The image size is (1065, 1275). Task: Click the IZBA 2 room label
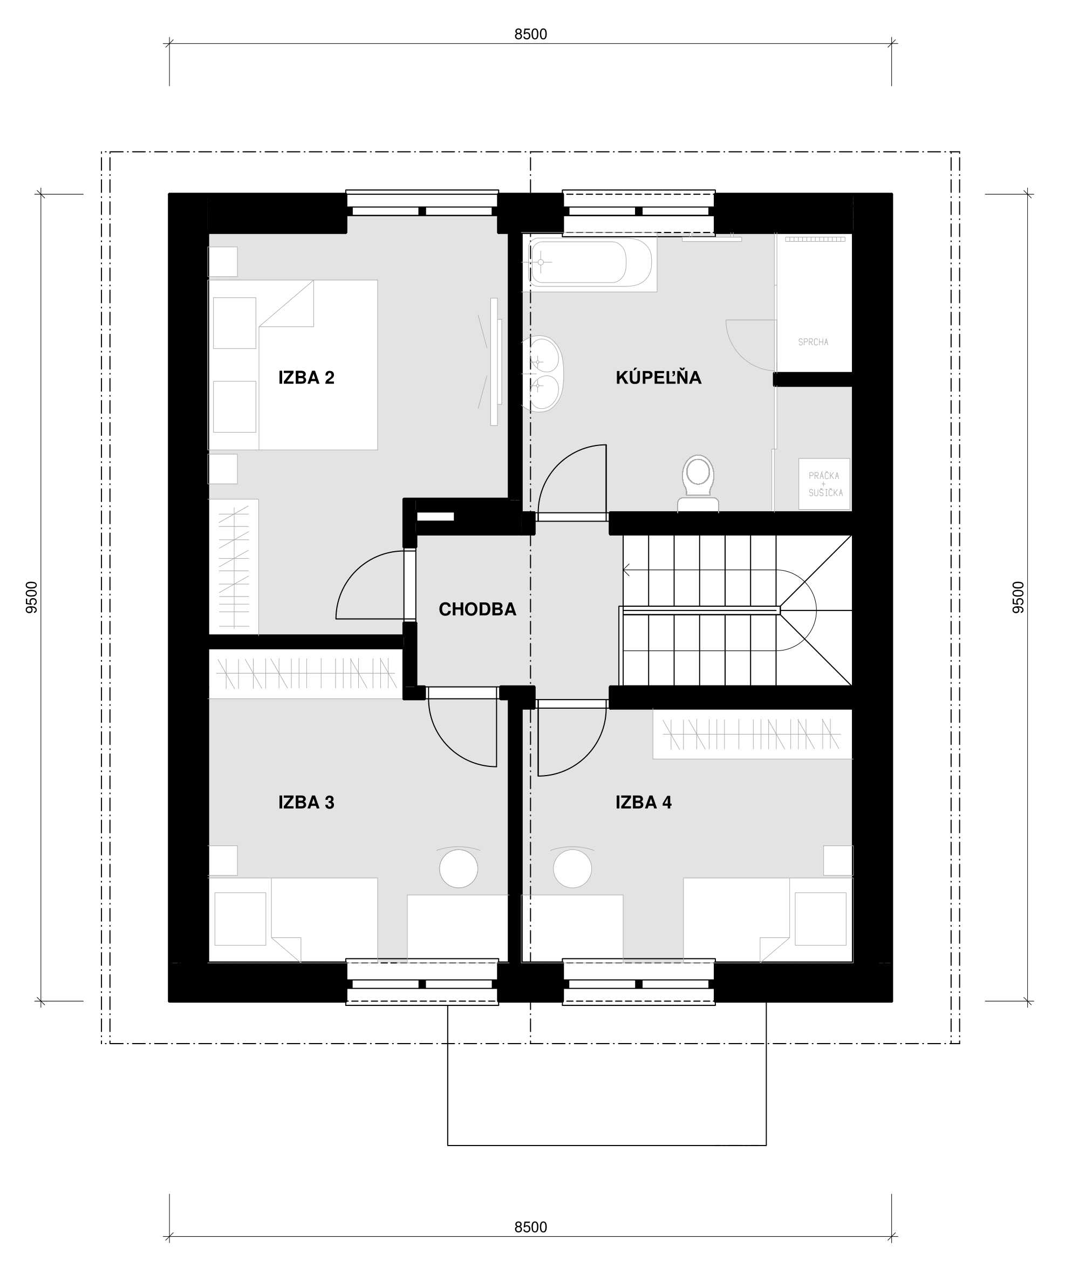point(306,378)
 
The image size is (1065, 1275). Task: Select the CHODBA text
point(477,609)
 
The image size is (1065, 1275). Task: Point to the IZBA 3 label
point(306,802)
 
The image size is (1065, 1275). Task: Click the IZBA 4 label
point(644,802)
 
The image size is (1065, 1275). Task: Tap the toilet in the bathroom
point(698,483)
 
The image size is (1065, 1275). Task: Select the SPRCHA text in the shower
point(813,342)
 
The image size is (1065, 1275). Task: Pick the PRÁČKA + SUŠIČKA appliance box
point(824,484)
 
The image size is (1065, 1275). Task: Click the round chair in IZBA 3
point(459,868)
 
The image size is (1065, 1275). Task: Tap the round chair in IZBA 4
point(572,868)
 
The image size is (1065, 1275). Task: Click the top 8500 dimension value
point(531,35)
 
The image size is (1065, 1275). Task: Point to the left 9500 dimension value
point(32,597)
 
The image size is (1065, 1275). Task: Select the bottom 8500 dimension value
point(531,1227)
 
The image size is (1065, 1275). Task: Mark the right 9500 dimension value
point(1018,597)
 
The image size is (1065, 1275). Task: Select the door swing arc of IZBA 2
point(357,571)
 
